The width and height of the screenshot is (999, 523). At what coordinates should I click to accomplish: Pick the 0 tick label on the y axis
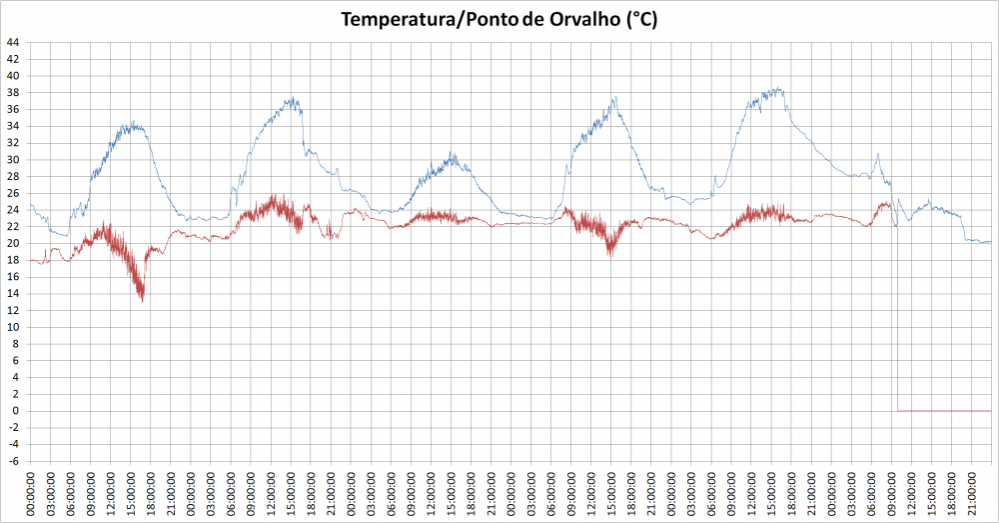coord(16,411)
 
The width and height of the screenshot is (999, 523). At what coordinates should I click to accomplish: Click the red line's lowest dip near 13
coord(142,300)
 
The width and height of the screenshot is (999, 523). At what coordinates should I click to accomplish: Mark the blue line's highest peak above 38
coord(778,88)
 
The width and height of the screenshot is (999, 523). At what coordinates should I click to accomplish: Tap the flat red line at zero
coord(944,410)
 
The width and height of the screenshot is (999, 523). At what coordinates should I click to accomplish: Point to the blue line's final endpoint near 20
coord(990,242)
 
